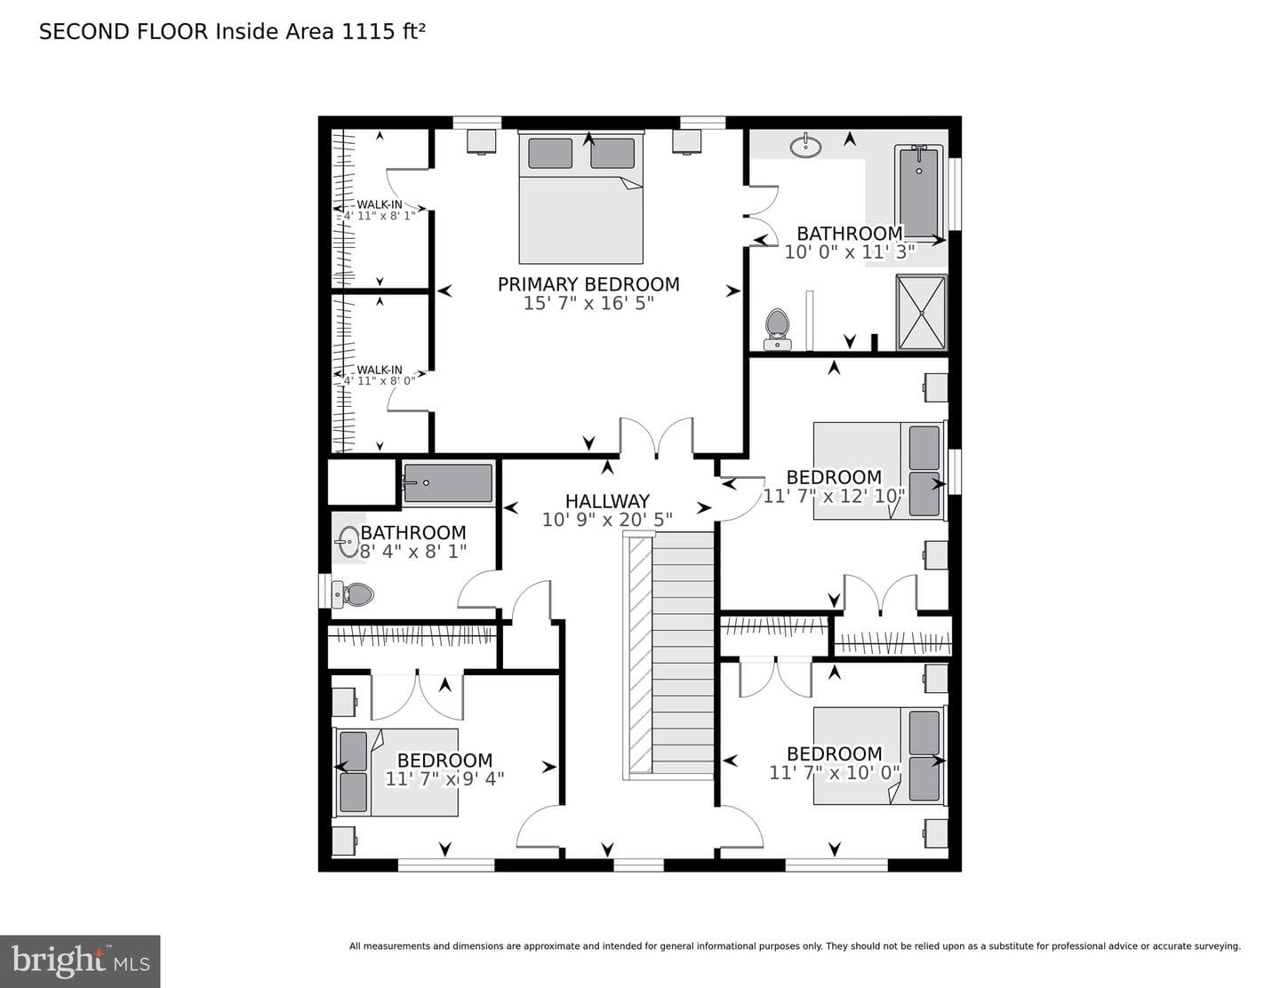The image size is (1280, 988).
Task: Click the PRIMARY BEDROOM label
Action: click(588, 284)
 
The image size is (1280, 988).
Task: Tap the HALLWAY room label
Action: click(607, 501)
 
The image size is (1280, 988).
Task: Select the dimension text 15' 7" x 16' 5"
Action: click(588, 303)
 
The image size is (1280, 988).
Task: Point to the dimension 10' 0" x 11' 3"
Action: click(850, 252)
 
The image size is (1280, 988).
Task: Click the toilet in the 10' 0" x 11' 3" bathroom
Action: click(778, 329)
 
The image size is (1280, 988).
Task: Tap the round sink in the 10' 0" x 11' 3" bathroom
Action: click(806, 146)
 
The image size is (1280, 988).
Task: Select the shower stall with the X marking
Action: click(922, 312)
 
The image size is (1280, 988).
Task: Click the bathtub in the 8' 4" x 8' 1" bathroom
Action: click(448, 482)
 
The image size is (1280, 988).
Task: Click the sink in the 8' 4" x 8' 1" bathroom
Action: click(348, 542)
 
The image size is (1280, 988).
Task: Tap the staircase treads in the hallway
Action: click(684, 656)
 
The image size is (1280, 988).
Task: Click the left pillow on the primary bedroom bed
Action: click(550, 153)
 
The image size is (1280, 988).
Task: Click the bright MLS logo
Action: click(80, 961)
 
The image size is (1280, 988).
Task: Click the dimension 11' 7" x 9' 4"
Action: click(444, 779)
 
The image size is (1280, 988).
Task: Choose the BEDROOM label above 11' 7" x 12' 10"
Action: click(834, 477)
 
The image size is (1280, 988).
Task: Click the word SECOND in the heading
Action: click(84, 32)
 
